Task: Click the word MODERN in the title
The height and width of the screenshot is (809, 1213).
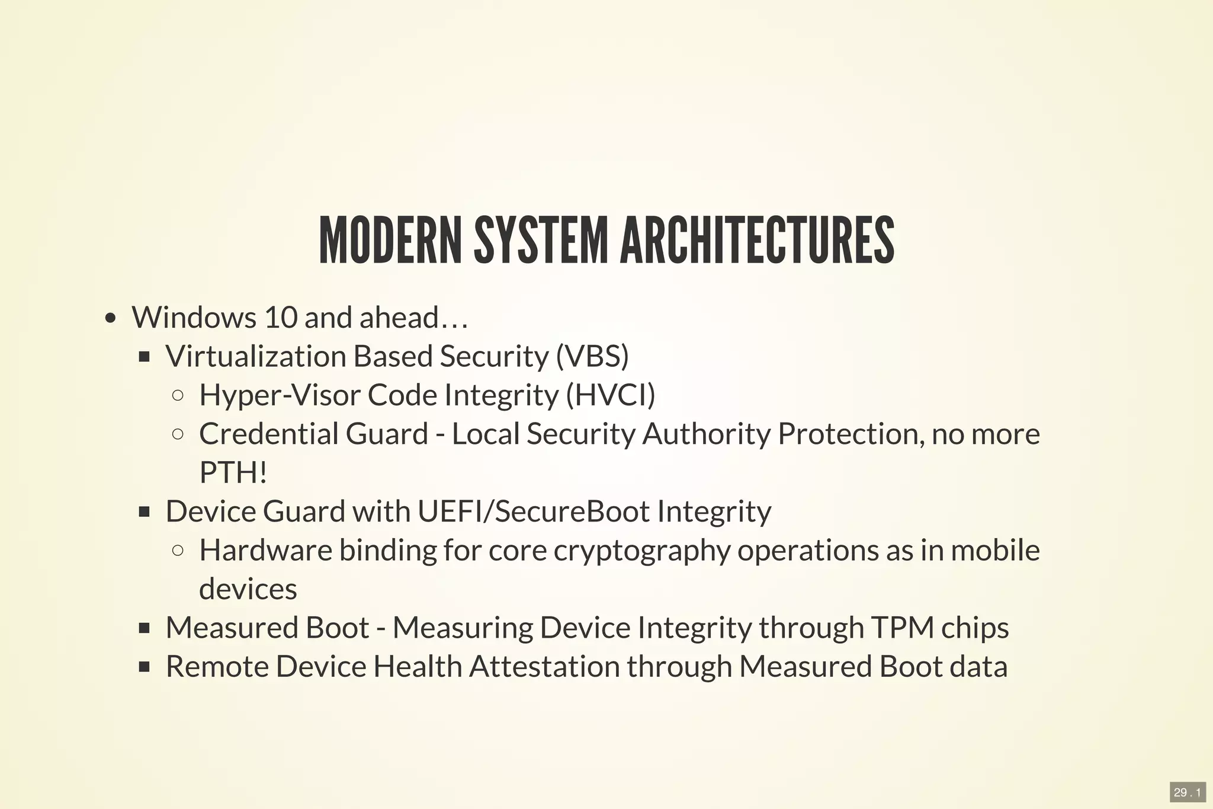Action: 390,240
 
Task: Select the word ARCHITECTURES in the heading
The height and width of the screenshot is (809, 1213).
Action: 757,240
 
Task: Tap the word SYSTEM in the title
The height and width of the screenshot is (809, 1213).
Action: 541,240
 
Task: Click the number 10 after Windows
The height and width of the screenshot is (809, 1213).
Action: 280,317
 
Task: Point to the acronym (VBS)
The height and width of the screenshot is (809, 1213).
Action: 592,356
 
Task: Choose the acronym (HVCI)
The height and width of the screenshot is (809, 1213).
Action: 611,395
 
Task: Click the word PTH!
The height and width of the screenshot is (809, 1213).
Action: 233,472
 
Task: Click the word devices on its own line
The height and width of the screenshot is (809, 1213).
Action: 248,589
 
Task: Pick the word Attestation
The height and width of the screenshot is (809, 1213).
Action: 545,667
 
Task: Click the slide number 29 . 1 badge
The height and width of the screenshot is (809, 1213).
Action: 1188,792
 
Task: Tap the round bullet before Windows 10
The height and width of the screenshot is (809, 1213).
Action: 110,319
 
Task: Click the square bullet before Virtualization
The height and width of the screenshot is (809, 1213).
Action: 144,357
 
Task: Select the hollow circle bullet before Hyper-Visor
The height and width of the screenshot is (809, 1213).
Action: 178,395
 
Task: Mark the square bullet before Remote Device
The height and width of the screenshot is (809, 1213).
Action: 144,667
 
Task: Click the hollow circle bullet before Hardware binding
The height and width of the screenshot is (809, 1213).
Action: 178,551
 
